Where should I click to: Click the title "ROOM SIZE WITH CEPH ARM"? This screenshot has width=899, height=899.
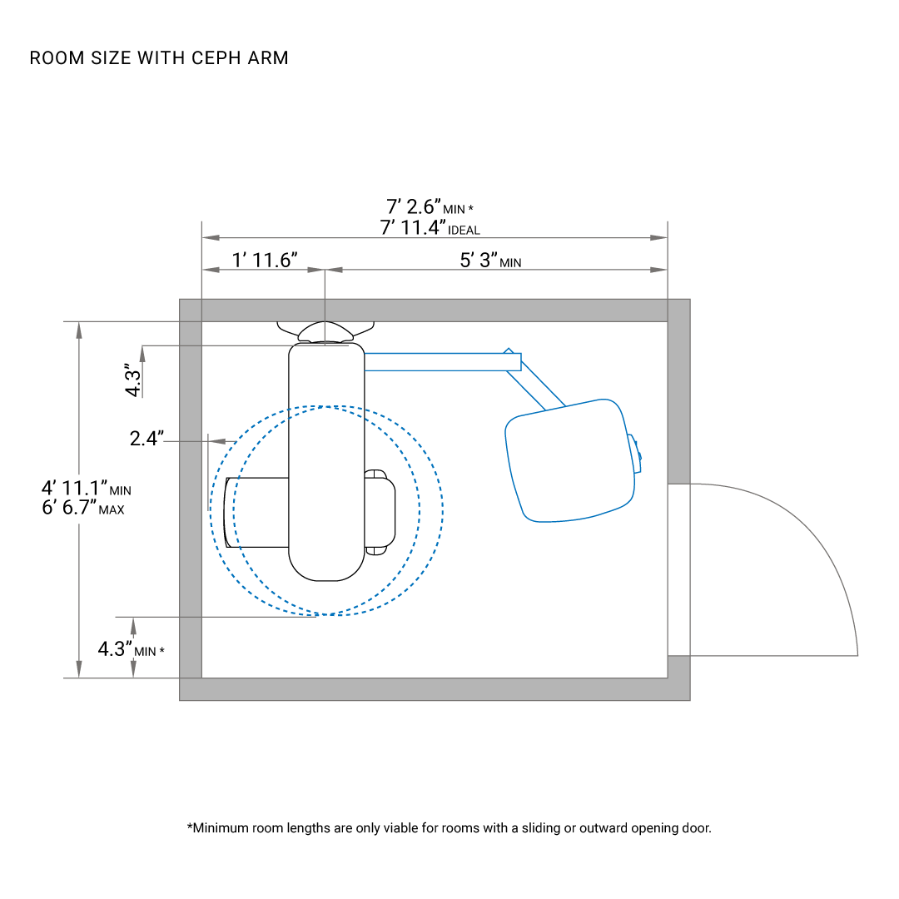pos(159,58)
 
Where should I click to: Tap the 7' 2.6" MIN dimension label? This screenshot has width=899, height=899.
pos(430,206)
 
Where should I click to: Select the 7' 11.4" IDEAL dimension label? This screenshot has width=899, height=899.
pos(430,227)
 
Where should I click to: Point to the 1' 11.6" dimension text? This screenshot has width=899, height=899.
pos(265,260)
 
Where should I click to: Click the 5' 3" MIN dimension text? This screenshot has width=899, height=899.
pos(491,260)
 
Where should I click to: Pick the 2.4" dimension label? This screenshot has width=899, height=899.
pos(147,438)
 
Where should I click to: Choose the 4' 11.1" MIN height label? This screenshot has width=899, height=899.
pos(87,488)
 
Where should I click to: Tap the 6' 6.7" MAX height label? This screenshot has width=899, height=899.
pos(83,508)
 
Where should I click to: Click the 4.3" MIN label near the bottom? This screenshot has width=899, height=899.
pos(132,649)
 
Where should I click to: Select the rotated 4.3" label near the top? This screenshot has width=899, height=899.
pos(132,380)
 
